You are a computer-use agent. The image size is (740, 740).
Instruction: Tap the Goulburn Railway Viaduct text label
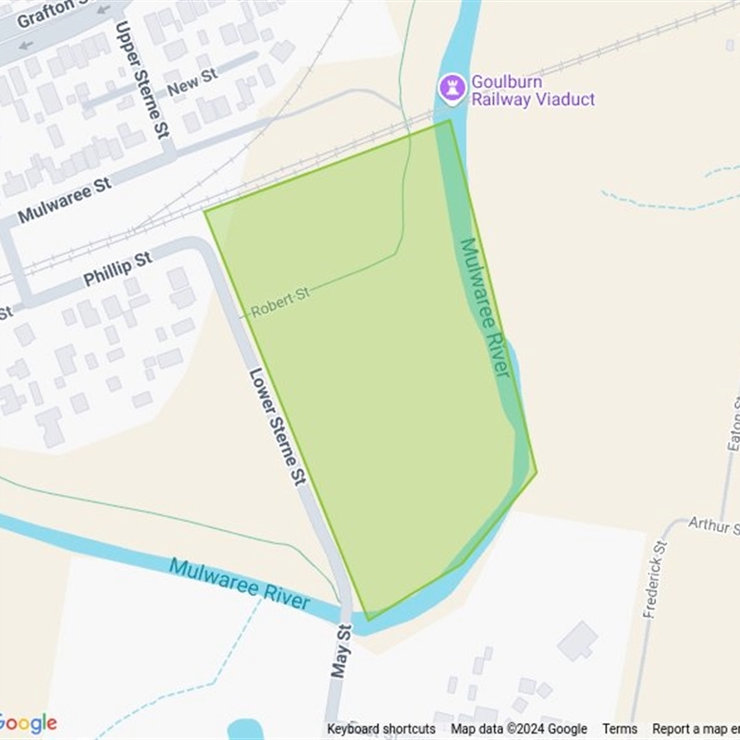(x=533, y=91)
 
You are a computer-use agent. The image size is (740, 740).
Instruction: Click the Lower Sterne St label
(x=277, y=426)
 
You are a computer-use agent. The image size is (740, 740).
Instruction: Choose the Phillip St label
(x=117, y=269)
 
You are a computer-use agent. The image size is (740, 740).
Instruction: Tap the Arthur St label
(x=713, y=525)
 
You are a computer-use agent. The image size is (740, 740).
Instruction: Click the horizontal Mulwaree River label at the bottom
(x=240, y=583)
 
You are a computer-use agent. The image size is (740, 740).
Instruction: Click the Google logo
(x=28, y=723)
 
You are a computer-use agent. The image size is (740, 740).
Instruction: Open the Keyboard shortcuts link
(x=381, y=729)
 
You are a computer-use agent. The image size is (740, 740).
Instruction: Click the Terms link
(x=620, y=729)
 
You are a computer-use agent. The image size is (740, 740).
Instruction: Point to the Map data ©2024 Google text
(x=519, y=729)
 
